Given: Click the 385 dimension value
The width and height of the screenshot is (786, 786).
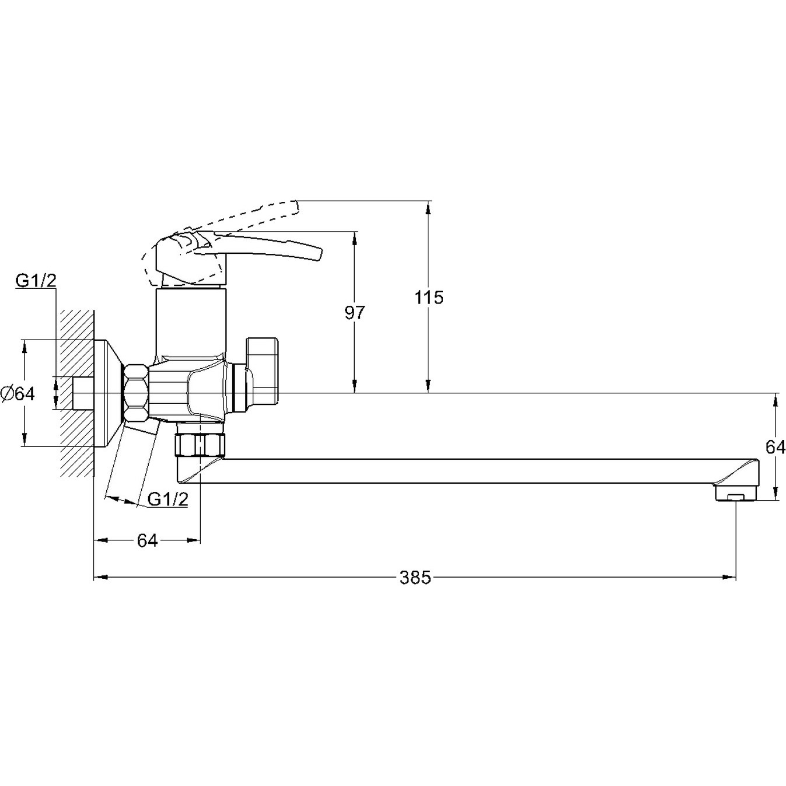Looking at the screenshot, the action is [x=415, y=578].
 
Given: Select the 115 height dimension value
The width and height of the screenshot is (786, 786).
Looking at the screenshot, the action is [x=429, y=298].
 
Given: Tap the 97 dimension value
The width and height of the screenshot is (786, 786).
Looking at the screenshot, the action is [x=354, y=312].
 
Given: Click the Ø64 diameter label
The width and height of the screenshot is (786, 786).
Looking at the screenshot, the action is [x=18, y=394].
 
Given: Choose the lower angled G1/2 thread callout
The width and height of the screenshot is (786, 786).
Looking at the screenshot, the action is [x=167, y=499].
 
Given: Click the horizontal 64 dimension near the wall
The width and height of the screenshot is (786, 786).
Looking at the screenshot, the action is [x=147, y=541].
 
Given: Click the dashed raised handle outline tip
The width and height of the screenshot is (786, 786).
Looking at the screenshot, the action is [x=296, y=207].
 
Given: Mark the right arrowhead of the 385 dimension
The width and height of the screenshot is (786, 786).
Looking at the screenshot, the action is [x=729, y=577].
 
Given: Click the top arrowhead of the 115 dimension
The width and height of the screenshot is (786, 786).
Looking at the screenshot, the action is [x=428, y=207].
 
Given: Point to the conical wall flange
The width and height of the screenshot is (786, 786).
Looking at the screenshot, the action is [x=109, y=393].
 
